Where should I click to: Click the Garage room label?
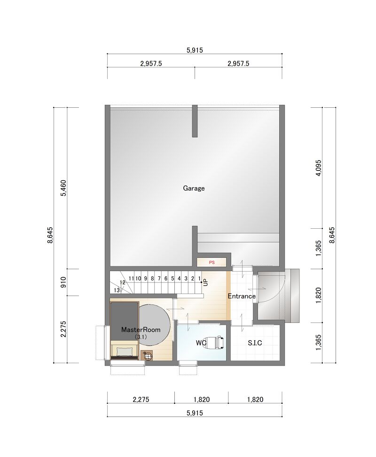(194, 188)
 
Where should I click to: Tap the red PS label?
(211, 263)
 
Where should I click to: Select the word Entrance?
(242, 296)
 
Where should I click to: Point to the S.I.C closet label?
(255, 343)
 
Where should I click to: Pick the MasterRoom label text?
(141, 329)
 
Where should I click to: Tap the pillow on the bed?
(124, 352)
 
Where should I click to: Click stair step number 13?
(117, 290)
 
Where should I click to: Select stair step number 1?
(199, 279)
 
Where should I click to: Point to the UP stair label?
(206, 282)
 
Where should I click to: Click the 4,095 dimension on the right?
(319, 168)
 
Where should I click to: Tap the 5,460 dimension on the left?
(64, 188)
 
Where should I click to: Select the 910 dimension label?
(64, 282)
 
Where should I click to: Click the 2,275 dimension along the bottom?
(141, 399)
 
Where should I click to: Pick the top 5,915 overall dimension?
(195, 50)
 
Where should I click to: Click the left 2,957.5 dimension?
(151, 64)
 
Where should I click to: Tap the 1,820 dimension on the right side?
(319, 296)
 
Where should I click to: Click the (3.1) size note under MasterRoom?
(141, 337)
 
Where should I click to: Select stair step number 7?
(159, 279)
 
